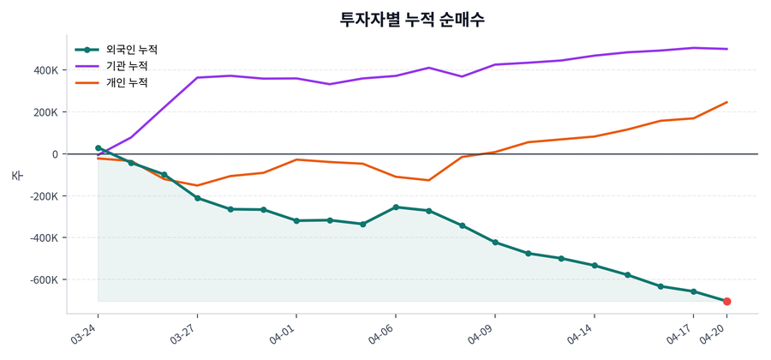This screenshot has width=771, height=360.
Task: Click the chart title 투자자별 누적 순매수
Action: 412,19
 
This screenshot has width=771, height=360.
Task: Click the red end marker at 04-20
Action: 726,302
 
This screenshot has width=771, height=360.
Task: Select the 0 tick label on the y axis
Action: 54,154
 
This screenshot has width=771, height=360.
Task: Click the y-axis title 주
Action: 16,175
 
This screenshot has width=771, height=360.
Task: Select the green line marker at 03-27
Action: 197,198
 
